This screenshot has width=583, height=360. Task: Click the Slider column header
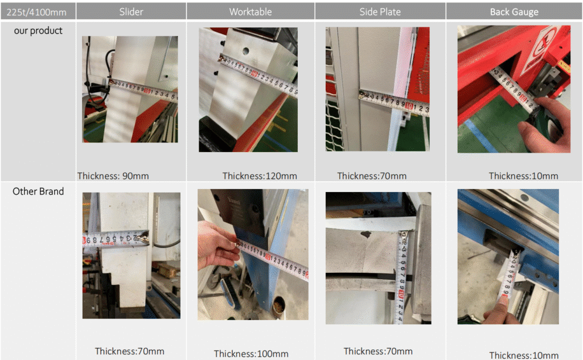tap(131, 11)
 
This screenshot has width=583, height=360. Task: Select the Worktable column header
tap(251, 11)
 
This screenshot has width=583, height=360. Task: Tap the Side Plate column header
tap(380, 11)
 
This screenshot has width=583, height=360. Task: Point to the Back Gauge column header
tap(514, 12)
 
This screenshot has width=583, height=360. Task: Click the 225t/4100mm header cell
tap(36, 13)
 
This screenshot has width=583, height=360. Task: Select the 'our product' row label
tap(38, 31)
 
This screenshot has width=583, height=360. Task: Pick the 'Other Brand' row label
tap(38, 191)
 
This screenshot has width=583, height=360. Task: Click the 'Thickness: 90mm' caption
tap(113, 176)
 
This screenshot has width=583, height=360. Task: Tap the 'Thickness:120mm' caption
tap(260, 176)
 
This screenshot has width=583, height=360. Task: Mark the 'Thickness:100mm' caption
tap(251, 354)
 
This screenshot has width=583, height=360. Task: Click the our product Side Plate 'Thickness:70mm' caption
tap(371, 176)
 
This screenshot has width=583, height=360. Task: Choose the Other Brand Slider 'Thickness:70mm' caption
tap(129, 351)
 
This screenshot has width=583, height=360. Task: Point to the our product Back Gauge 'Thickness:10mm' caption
tap(523, 176)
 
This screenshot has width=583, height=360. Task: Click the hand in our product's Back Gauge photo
tap(547, 122)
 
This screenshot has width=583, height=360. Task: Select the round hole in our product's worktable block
tap(245, 51)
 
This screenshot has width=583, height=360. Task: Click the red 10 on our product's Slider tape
tap(147, 91)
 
